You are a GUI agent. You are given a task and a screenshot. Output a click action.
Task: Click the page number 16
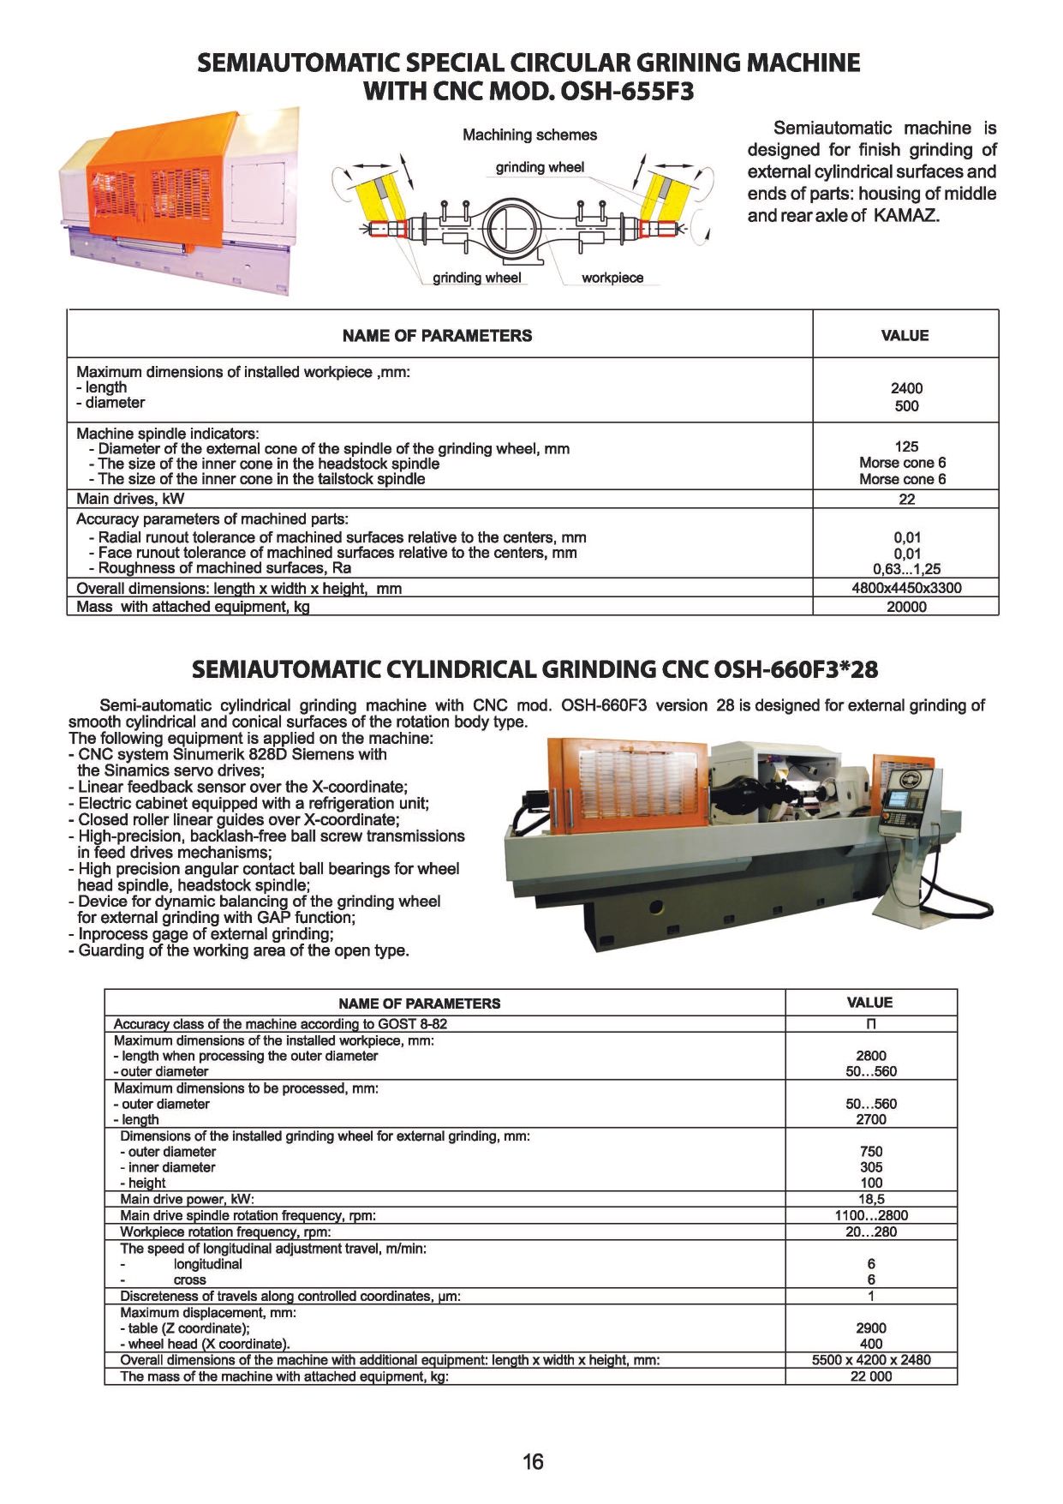532,1461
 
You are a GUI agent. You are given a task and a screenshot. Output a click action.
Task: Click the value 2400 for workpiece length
906,388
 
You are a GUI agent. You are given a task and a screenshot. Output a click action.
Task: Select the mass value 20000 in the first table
906,607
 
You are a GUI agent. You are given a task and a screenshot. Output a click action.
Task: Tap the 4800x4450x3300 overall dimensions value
906,588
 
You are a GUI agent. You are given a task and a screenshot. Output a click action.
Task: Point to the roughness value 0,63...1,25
906,569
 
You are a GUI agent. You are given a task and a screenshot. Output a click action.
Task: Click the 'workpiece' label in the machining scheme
612,278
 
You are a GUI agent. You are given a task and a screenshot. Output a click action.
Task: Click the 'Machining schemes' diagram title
529,135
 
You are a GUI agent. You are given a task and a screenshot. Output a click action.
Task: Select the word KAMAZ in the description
906,215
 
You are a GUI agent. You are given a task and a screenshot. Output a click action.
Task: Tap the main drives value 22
906,499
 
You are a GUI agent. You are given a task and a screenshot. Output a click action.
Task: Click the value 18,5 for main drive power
870,1200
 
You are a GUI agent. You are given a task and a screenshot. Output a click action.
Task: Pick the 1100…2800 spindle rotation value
870,1215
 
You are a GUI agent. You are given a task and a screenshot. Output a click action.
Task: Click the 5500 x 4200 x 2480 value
870,1360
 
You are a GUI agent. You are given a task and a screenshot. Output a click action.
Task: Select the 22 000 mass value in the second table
870,1376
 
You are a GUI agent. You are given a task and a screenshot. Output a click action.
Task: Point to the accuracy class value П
870,1024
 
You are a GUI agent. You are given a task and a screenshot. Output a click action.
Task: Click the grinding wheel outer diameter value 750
870,1152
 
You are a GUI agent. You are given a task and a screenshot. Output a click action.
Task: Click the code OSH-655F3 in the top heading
626,91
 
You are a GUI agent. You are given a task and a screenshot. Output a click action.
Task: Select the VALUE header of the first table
905,335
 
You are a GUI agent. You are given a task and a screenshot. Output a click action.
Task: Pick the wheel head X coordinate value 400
870,1344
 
